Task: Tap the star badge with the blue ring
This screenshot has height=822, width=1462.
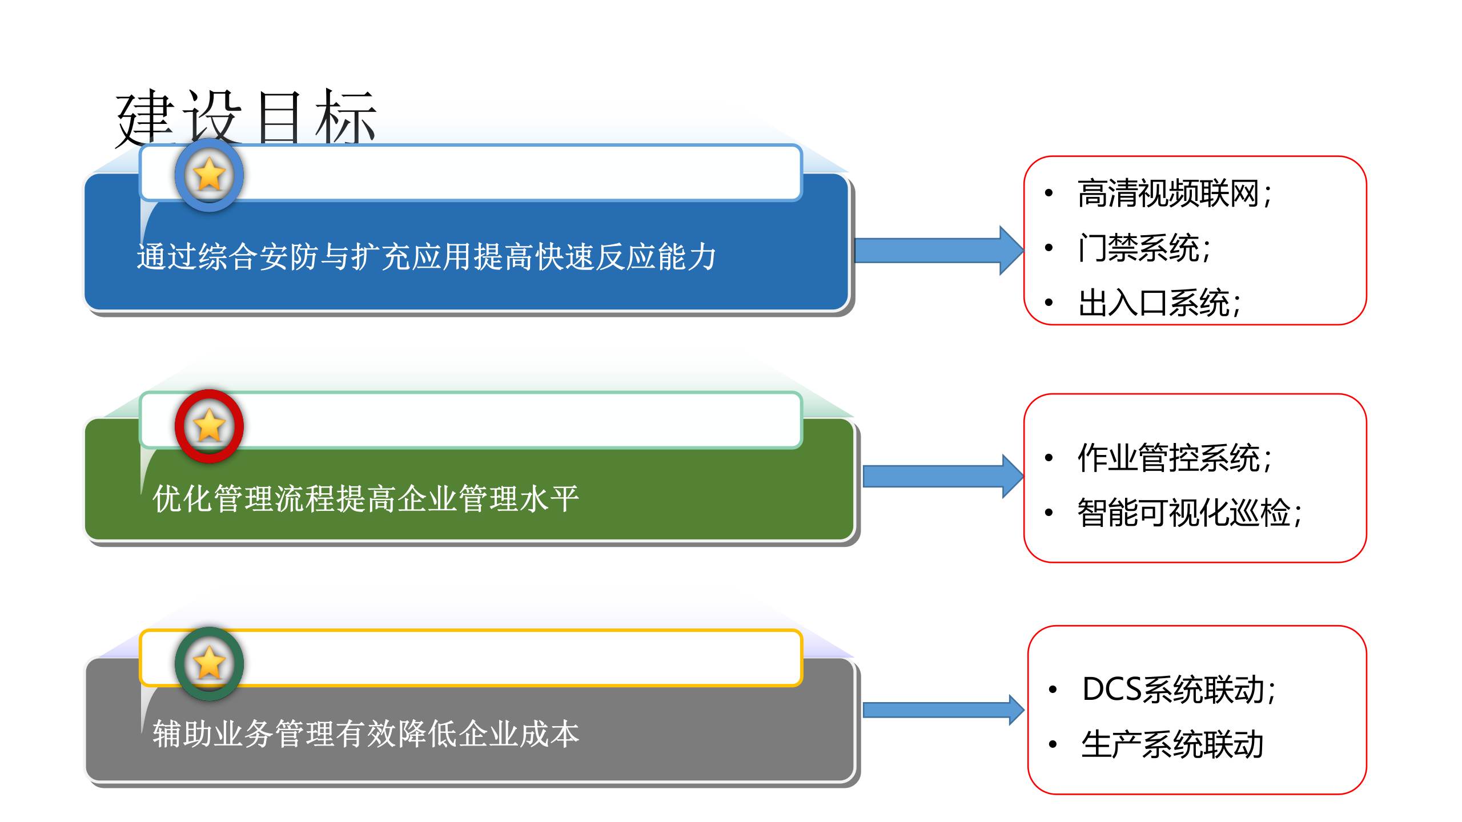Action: [209, 175]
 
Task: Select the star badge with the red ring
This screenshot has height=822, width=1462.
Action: [209, 426]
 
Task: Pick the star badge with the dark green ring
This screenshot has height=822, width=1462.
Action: [209, 663]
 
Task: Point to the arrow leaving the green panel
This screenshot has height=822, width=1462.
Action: [942, 476]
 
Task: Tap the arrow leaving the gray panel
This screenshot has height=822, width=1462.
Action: [942, 710]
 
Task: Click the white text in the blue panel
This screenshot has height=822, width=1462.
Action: [426, 257]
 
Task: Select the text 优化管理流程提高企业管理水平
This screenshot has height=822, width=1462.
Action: [365, 499]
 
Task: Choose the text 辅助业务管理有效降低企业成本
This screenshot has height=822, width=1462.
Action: [365, 734]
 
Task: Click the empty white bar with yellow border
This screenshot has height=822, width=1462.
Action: [514, 658]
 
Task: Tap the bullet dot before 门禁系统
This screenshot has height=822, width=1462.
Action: [1049, 248]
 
